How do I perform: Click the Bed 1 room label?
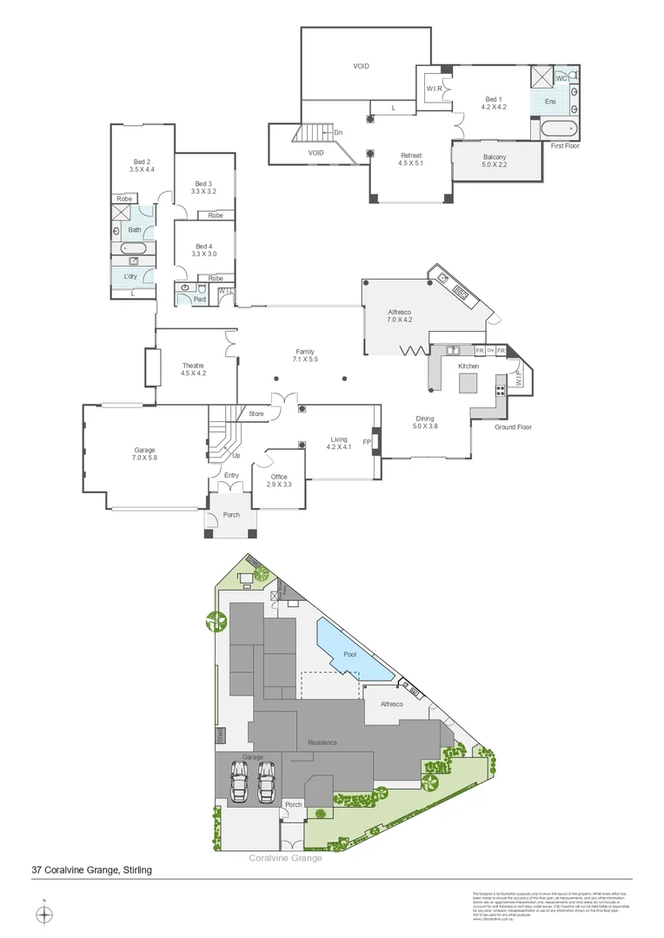tap(494, 99)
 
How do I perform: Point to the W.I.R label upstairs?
tap(435, 89)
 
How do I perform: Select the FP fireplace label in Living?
tap(368, 443)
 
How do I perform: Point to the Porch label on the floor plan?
tap(231, 515)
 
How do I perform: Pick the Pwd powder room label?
tap(199, 299)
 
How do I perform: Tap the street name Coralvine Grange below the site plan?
tap(285, 858)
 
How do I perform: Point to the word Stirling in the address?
tap(137, 869)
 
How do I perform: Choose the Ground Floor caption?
tap(513, 427)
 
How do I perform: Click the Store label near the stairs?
tap(256, 413)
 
